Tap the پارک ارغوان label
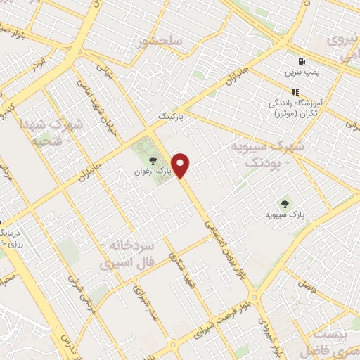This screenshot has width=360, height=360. [153, 171]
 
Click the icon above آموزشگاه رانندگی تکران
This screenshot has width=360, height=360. [296, 91]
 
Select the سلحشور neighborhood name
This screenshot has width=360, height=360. [162, 41]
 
